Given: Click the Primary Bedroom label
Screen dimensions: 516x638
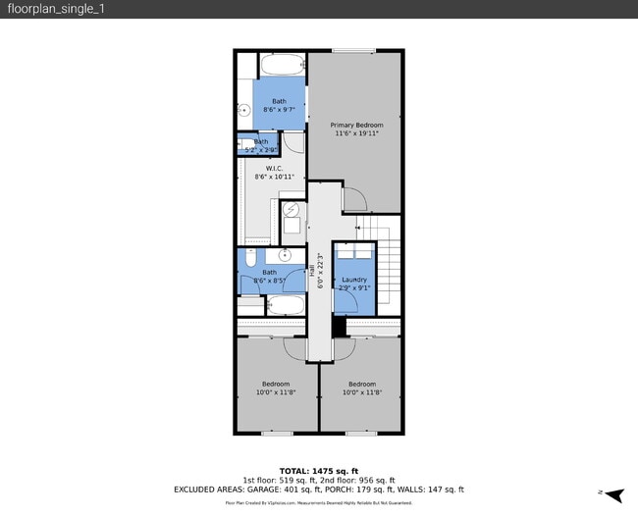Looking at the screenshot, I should coord(356,126).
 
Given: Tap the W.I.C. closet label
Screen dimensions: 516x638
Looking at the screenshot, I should coord(274,168).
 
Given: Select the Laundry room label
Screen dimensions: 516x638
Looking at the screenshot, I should coord(353,280).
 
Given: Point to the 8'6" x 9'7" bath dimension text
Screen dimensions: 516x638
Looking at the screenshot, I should coord(280,110).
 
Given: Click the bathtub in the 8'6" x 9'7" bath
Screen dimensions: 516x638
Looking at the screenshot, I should coord(282,66).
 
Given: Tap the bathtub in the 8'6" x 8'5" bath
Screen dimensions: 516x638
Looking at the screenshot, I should coord(285,305).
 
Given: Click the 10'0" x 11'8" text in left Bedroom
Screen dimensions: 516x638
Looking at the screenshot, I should coord(276,392).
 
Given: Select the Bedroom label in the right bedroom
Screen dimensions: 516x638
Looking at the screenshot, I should coord(361,384).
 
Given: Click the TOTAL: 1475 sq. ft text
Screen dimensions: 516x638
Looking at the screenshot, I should coord(319,470).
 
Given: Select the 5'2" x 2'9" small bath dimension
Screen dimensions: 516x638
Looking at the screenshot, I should coord(260,150).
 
